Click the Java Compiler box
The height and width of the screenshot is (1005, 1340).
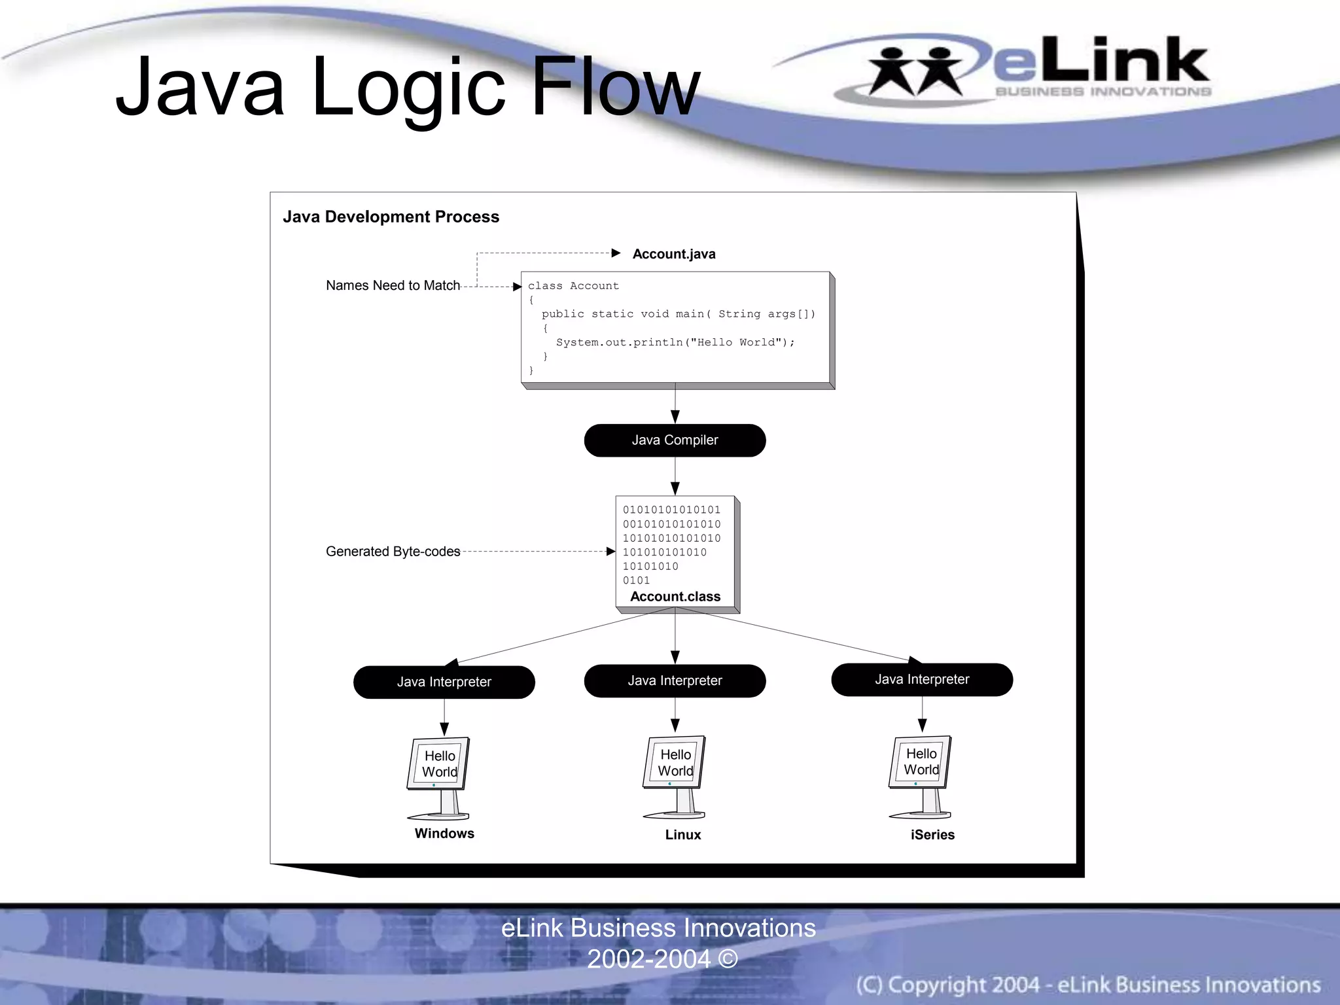pos(675,440)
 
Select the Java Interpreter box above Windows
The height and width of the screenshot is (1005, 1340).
pos(444,682)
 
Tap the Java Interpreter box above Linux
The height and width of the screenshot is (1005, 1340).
pos(675,680)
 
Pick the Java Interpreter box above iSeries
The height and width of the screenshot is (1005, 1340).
pos(922,679)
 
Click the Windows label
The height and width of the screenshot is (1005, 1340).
pos(444,834)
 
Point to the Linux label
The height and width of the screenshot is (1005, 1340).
pos(682,835)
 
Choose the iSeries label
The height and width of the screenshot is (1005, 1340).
pos(932,835)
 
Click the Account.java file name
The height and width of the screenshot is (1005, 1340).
pos(674,254)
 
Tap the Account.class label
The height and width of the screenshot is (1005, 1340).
pos(675,597)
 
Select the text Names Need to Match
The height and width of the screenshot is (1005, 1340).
pos(393,285)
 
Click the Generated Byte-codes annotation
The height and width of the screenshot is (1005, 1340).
pos(393,552)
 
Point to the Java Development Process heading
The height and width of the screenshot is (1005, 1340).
pos(391,217)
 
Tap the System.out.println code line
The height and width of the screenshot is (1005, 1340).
pos(675,342)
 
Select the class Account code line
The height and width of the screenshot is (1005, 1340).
pos(573,286)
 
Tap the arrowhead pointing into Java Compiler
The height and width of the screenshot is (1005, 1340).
pos(675,417)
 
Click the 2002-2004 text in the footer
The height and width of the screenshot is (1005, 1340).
pos(648,959)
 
